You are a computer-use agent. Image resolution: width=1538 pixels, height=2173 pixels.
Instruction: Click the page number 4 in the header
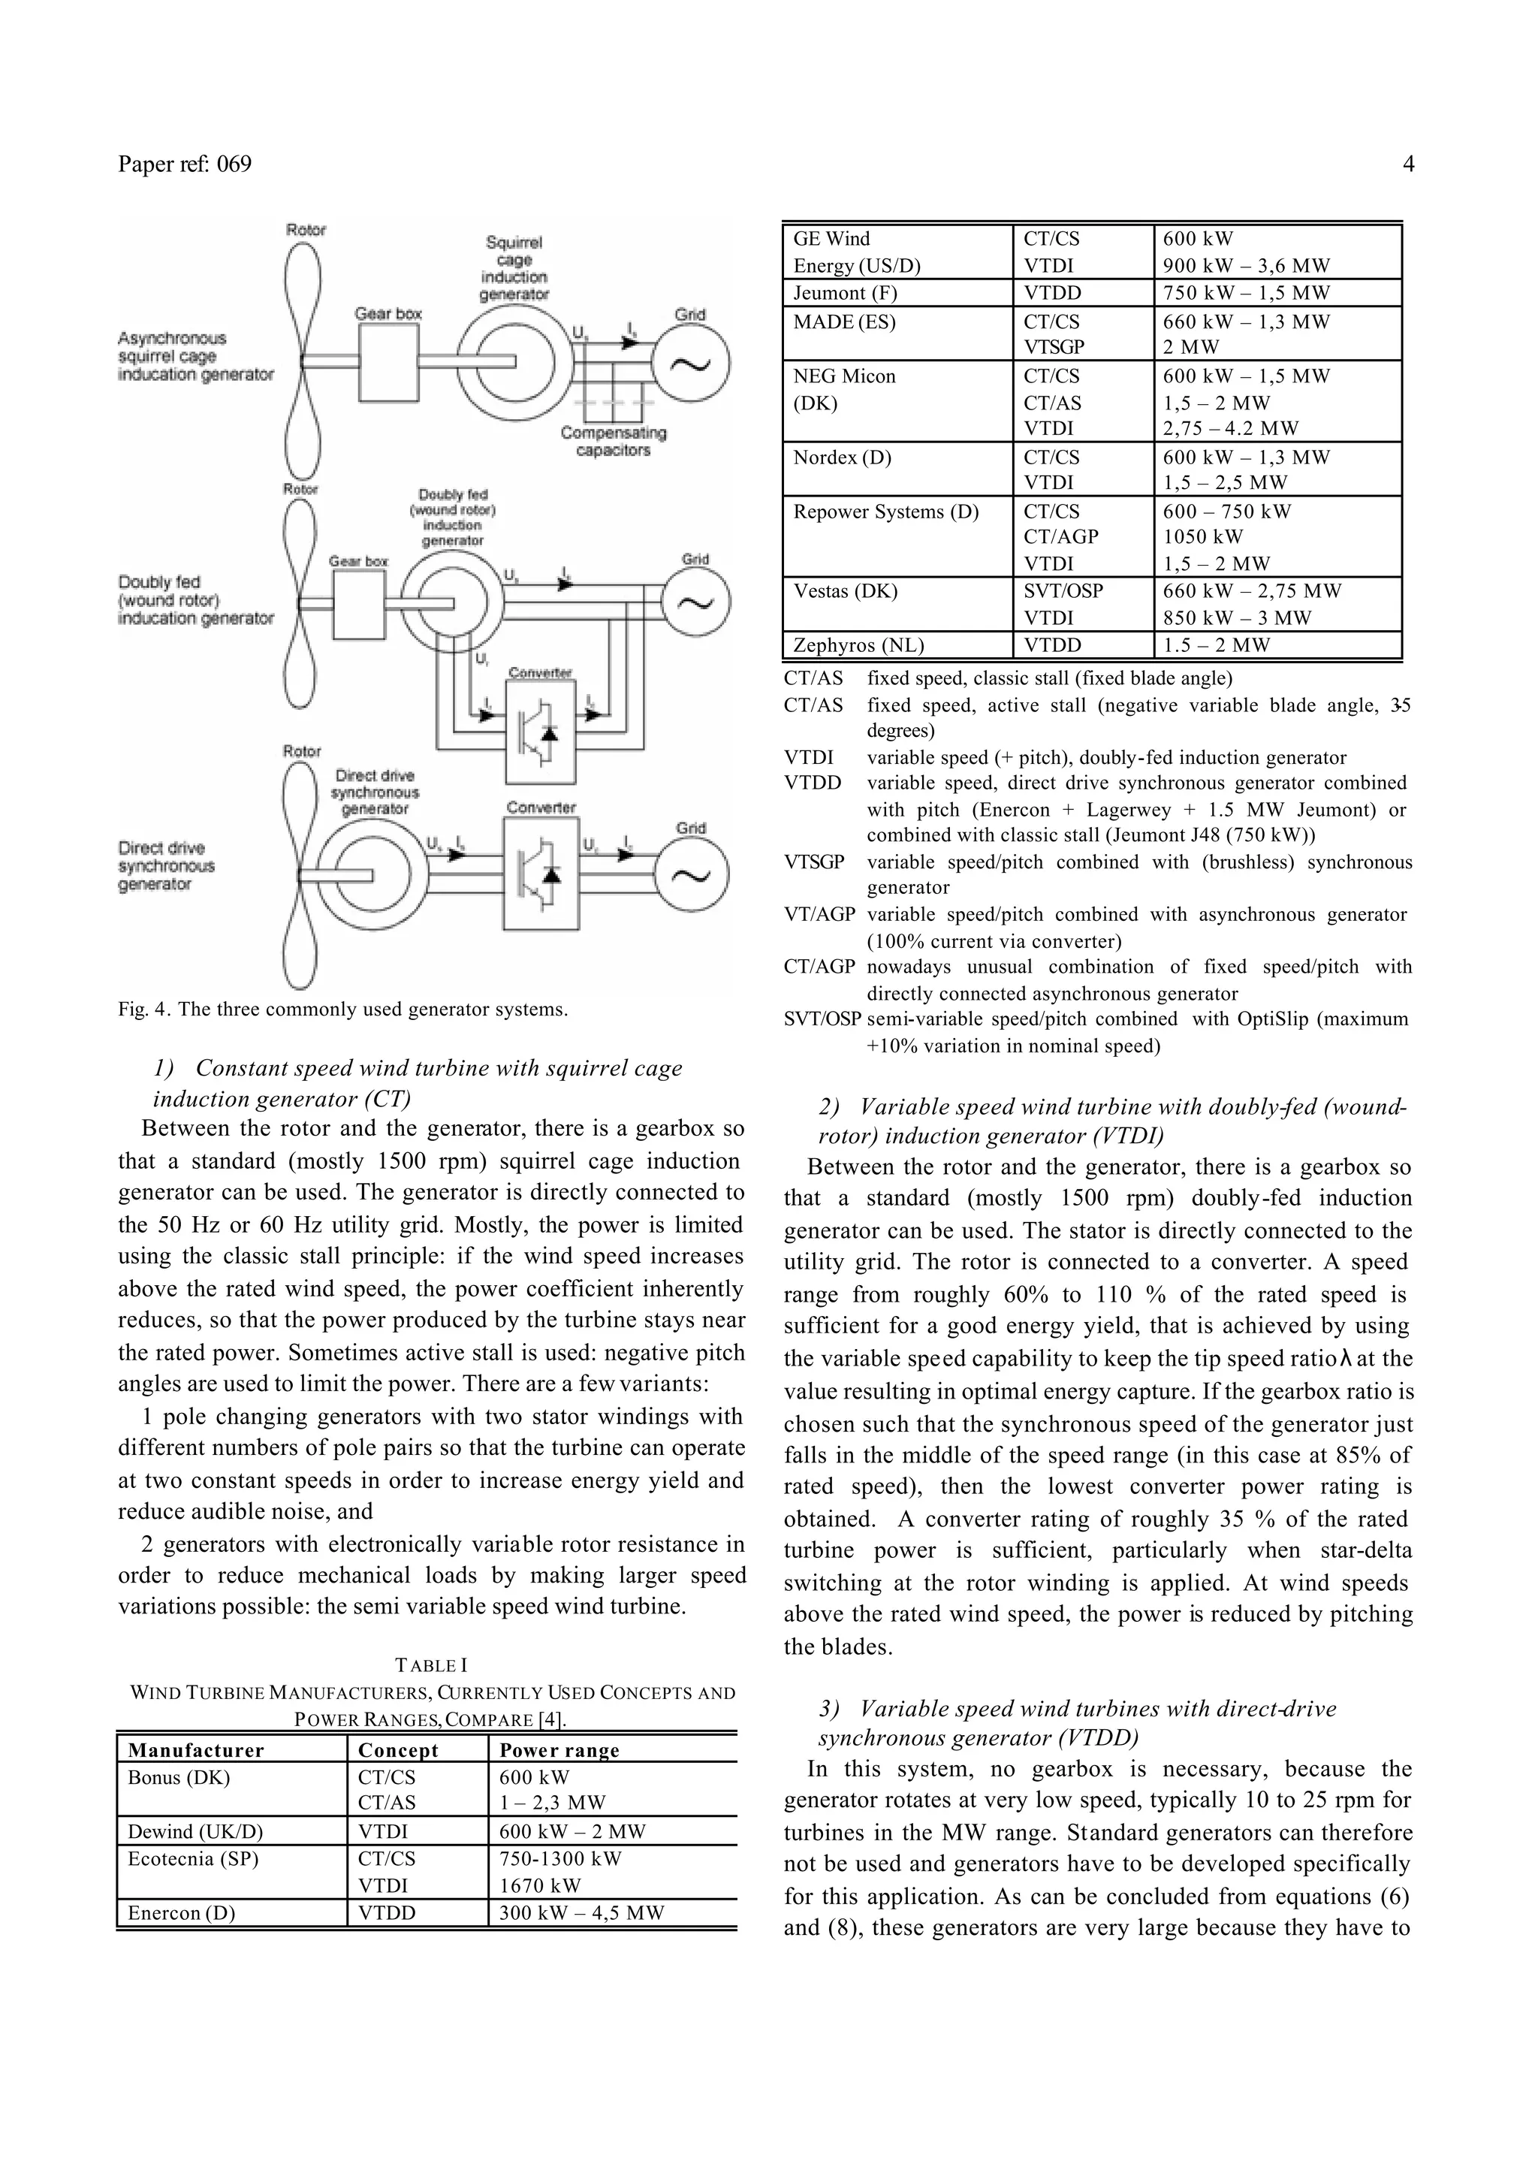(1407, 164)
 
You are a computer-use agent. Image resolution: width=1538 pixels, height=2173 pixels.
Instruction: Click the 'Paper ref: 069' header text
(185, 164)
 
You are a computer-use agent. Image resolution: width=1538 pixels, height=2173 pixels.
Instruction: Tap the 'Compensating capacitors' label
(613, 442)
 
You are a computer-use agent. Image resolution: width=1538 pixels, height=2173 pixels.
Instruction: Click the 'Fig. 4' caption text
(343, 1009)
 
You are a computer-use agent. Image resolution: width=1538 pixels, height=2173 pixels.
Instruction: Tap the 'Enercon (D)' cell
(182, 1912)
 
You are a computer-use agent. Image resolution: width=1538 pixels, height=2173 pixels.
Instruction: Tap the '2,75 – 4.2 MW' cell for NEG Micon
(1231, 428)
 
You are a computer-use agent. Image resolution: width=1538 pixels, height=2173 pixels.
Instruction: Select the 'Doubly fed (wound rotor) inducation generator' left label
(195, 601)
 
